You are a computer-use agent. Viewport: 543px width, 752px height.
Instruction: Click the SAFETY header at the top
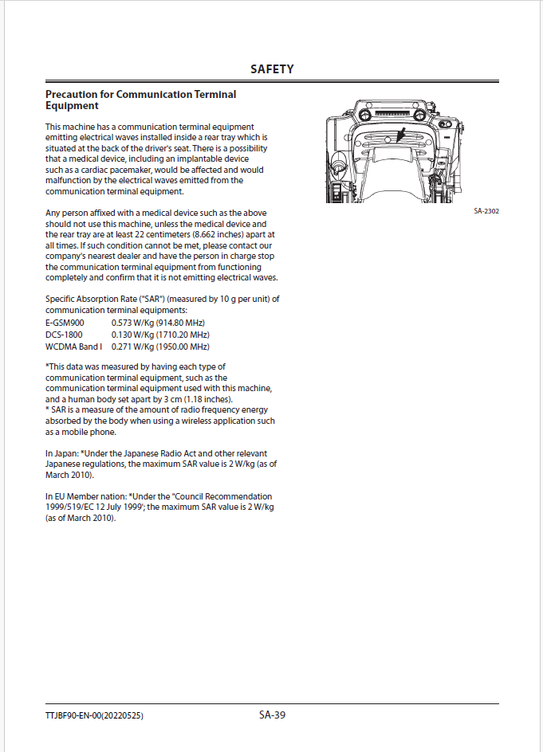272,69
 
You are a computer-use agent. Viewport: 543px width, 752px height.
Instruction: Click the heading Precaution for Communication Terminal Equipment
140,100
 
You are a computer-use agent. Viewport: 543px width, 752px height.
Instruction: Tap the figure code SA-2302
486,211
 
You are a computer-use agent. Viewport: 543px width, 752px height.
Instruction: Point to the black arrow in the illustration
401,133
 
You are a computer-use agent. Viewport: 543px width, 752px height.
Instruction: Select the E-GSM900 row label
65,323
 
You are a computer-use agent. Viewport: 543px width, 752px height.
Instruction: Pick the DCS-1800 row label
64,335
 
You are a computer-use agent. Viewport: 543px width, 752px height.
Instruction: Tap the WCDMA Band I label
73,347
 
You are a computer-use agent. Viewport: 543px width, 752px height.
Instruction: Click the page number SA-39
272,715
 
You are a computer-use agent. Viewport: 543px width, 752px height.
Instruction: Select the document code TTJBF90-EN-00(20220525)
94,715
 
